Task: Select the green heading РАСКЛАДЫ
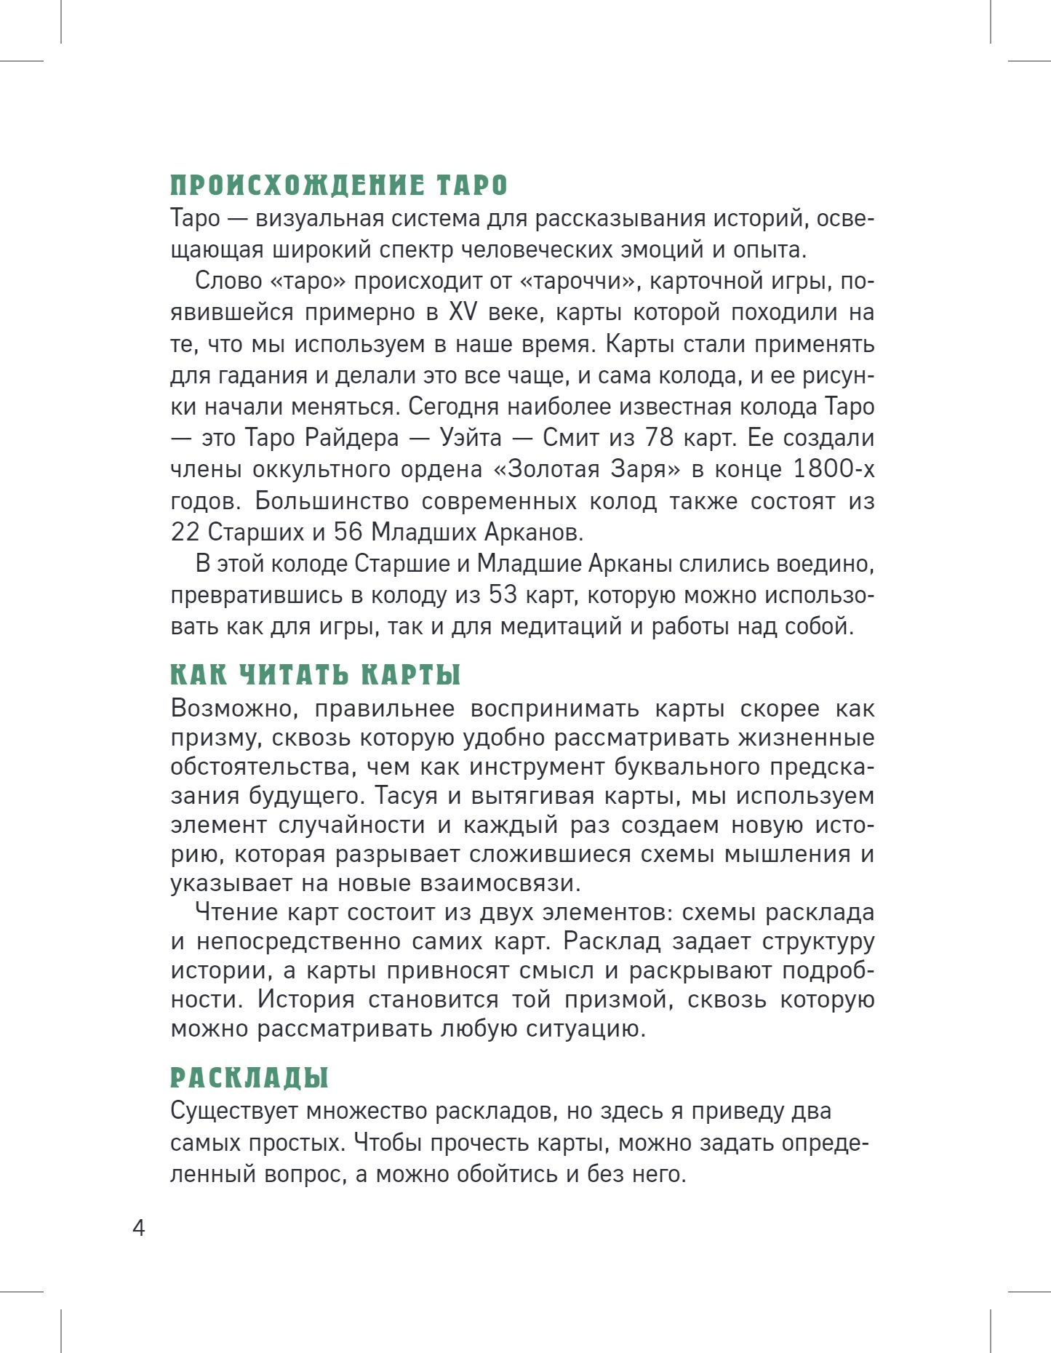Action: click(x=249, y=1078)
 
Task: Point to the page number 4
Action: click(x=139, y=1229)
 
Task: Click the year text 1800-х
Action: click(x=833, y=469)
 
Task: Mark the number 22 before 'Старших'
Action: click(x=185, y=532)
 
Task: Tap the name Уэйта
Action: click(x=471, y=438)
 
